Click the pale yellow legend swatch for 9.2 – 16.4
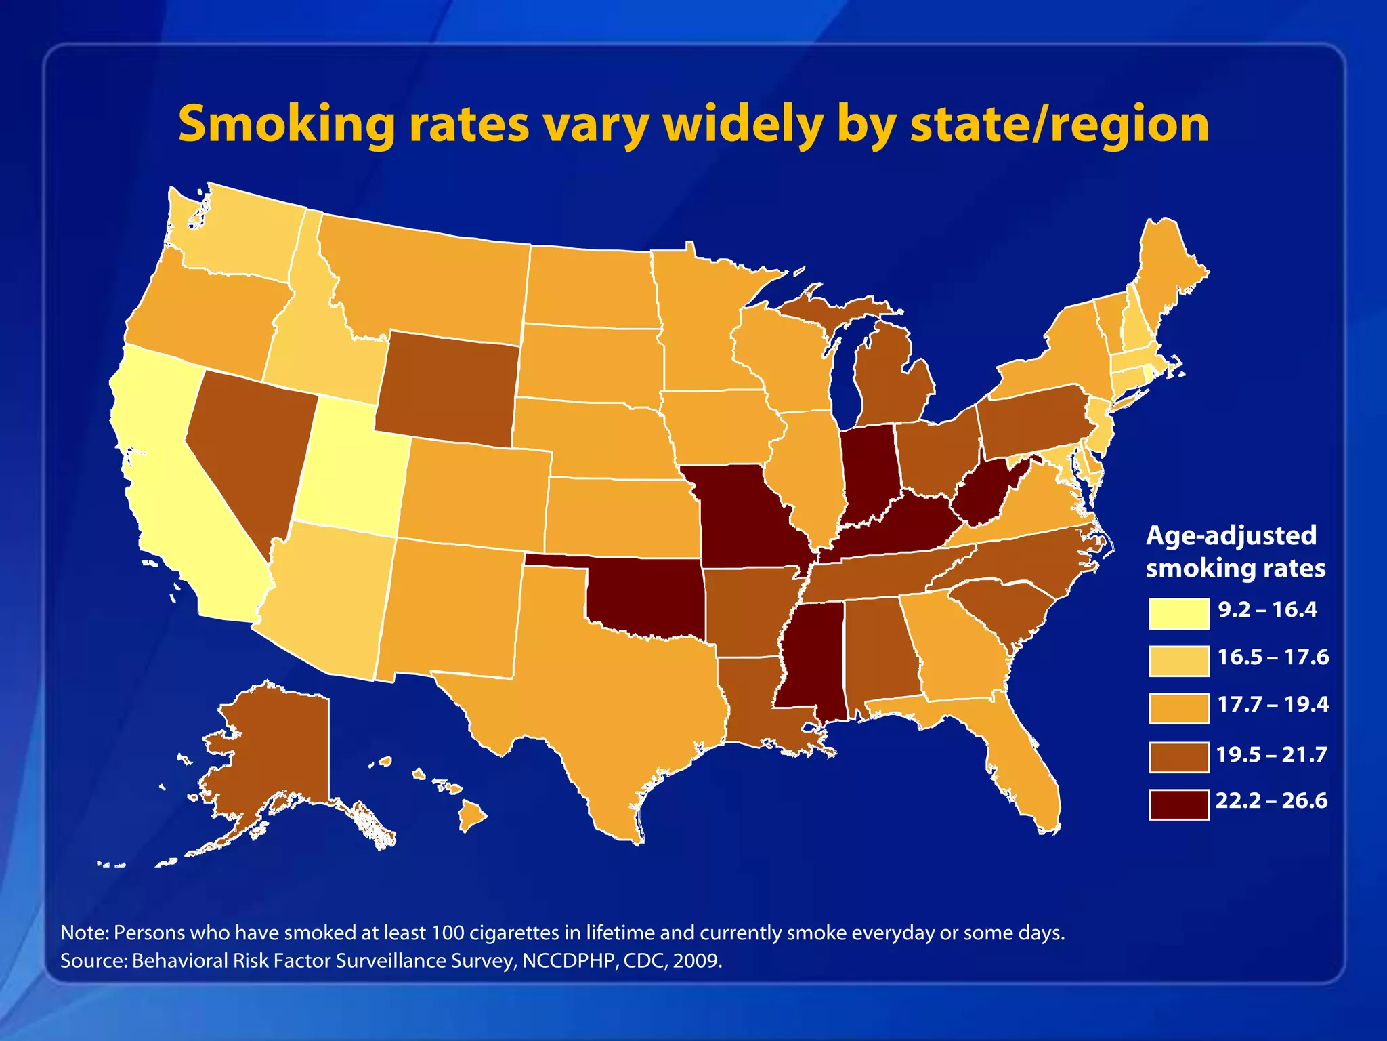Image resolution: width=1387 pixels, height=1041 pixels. [x=1178, y=613]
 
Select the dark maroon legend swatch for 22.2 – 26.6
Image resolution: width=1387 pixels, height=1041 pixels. [x=1178, y=804]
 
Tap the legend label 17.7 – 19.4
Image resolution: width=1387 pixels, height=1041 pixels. [x=1273, y=704]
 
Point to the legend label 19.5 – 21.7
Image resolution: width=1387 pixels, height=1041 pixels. [x=1271, y=754]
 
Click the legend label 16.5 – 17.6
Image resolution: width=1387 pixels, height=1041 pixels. [x=1273, y=657]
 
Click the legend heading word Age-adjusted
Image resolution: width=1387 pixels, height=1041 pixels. [x=1231, y=535]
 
